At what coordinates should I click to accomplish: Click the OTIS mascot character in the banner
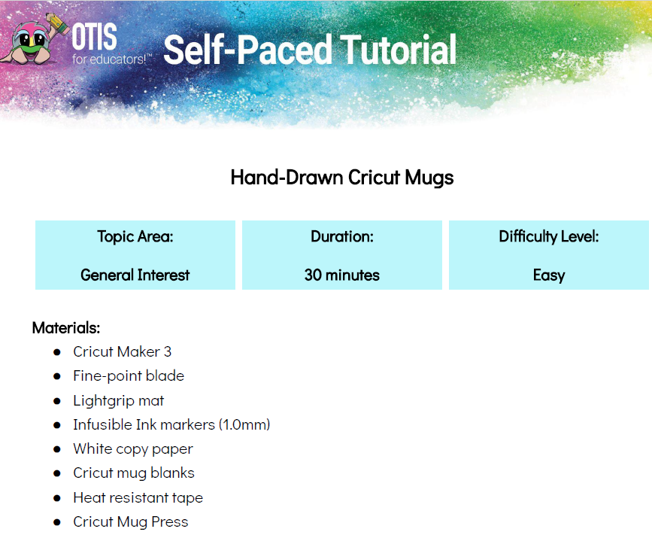[33, 40]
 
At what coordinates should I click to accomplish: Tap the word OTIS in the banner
[95, 37]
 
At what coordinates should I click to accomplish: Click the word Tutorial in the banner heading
[399, 50]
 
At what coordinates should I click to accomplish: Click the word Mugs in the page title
[429, 178]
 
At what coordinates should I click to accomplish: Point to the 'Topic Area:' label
[135, 236]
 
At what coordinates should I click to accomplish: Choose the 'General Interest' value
[135, 275]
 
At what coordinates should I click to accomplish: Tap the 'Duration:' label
[342, 236]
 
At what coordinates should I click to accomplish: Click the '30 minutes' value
[342, 275]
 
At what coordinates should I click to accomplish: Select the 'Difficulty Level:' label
[549, 237]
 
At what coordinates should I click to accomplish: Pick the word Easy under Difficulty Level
[549, 276]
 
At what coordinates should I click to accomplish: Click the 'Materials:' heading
[66, 328]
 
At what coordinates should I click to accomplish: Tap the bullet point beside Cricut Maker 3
[57, 352]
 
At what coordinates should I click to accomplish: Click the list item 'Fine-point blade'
[129, 375]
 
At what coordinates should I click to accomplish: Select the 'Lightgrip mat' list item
[119, 401]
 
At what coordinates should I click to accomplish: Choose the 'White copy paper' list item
[133, 449]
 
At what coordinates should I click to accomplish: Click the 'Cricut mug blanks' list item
[134, 473]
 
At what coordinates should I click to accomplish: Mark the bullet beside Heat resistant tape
[57, 498]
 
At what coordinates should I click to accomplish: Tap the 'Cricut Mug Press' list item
[131, 522]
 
